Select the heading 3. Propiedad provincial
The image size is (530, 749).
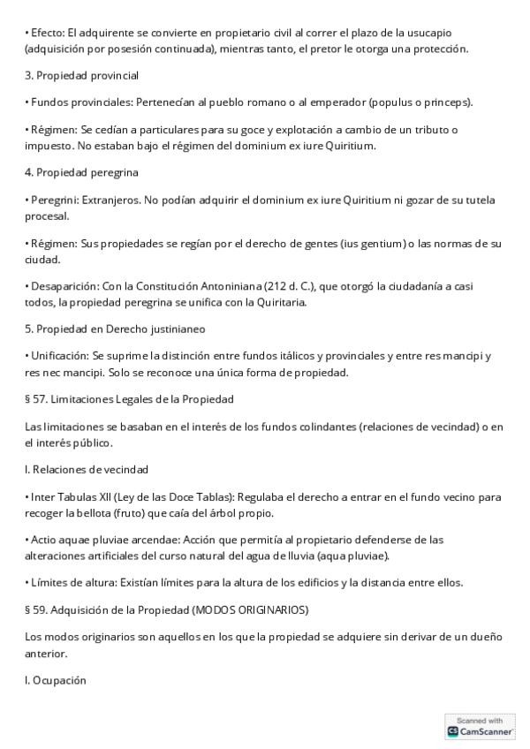81,76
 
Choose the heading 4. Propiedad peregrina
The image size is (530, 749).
81,172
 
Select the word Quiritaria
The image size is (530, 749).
278,302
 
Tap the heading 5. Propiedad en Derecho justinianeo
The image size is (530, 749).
115,329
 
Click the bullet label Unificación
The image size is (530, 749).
57,356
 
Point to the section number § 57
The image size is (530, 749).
37,399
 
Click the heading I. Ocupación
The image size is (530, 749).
56,680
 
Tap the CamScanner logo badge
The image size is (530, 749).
481,726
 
